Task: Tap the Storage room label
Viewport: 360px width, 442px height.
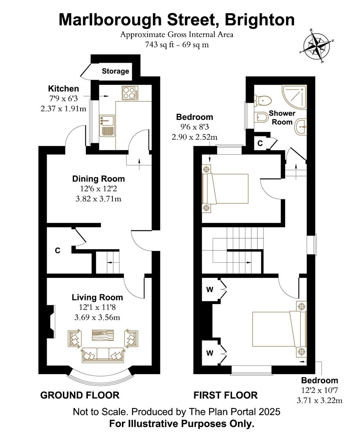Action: click(x=115, y=71)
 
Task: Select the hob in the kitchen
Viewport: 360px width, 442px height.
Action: click(x=130, y=93)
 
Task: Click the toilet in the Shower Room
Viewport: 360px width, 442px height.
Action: click(x=263, y=100)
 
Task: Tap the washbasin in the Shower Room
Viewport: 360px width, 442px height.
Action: click(x=301, y=127)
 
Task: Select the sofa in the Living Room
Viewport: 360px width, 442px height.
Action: click(x=103, y=355)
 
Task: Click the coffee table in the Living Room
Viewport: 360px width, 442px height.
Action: click(x=103, y=335)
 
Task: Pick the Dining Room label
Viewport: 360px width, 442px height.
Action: click(x=98, y=179)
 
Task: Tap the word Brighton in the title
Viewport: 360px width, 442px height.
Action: click(x=260, y=20)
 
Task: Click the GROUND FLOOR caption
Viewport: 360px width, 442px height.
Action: click(x=80, y=395)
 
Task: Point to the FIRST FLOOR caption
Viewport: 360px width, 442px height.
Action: click(x=225, y=395)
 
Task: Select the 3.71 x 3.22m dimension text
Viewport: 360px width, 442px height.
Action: click(x=319, y=400)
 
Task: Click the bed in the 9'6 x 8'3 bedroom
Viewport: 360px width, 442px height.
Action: click(x=225, y=189)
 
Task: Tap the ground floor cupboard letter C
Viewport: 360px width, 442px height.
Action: click(x=57, y=250)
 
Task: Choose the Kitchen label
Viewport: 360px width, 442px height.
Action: click(x=63, y=88)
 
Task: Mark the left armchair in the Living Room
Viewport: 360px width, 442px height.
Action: click(x=74, y=338)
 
